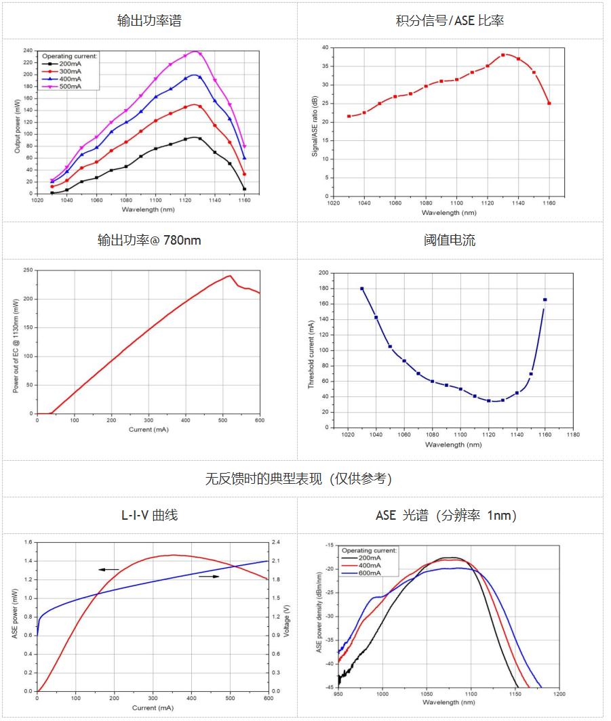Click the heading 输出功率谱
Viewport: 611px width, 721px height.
(149, 20)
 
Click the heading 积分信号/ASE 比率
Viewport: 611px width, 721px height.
(450, 20)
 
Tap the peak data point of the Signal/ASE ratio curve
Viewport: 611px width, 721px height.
(503, 55)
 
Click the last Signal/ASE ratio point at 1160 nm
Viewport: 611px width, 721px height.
(549, 103)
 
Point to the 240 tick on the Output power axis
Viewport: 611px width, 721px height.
(28, 51)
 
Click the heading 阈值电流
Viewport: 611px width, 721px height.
(450, 241)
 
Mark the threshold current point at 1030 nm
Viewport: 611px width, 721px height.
(362, 288)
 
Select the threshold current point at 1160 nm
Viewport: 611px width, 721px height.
(545, 300)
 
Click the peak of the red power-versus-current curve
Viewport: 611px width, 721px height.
(230, 276)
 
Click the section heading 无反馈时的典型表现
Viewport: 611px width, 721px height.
(298, 479)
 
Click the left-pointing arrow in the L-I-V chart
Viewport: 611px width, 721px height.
(109, 570)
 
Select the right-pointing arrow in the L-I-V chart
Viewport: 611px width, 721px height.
(209, 577)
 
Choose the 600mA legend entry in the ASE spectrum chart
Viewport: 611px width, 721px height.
(370, 573)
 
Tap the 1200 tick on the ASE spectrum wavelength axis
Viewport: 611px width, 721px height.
(559, 695)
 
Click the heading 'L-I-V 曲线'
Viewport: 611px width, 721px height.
(149, 516)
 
